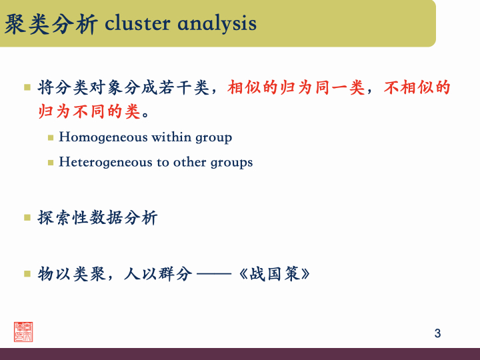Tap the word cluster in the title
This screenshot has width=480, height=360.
point(138,23)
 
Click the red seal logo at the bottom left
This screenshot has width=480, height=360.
point(23,331)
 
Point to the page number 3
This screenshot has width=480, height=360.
point(437,333)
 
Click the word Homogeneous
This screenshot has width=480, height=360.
point(103,138)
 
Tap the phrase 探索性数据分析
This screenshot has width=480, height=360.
point(98,218)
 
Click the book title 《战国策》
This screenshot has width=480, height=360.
point(274,274)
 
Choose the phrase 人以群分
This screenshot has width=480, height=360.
point(158,274)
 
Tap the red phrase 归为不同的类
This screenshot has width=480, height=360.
point(89,111)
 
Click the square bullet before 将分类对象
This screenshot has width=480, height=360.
point(27,87)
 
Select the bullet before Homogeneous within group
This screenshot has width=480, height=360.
point(51,138)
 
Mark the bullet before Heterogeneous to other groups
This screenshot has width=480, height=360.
point(51,162)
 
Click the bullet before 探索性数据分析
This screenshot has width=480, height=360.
point(27,217)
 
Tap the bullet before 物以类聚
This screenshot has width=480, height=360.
point(27,273)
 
